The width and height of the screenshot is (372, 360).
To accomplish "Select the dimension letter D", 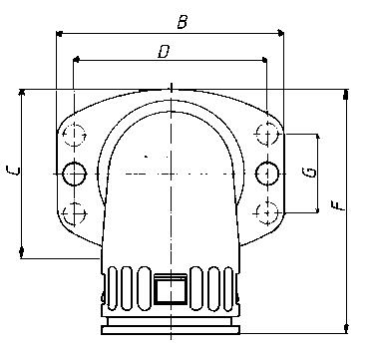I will pos(164,50).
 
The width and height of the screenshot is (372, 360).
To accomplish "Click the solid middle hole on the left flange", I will pos(74,174).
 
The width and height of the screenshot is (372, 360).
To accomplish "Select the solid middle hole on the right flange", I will pos(266,174).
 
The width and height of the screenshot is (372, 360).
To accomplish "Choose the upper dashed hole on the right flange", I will pos(266,134).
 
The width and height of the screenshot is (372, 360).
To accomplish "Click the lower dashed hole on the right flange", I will pos(266,211).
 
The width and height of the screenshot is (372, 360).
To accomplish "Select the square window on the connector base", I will pos(171,290).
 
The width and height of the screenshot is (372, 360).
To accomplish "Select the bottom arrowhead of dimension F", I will pos(346,328).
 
